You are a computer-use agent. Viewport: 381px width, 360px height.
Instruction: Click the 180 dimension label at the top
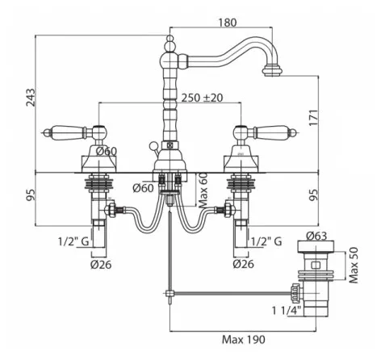227,23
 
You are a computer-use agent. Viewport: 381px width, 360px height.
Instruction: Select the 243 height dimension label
31,98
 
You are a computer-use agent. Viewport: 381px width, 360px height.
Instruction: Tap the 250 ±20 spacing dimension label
202,98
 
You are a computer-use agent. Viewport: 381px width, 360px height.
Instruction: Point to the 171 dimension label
313,117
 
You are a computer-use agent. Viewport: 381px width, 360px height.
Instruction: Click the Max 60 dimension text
203,190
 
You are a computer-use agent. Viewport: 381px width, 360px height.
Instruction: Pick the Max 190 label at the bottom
244,340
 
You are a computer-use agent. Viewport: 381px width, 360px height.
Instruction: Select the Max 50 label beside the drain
354,265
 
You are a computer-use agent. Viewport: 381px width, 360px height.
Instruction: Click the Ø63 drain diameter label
316,236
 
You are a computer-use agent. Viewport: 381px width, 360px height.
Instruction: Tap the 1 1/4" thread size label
287,311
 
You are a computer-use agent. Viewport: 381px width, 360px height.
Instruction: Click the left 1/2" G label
73,241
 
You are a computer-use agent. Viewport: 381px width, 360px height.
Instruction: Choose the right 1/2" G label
266,241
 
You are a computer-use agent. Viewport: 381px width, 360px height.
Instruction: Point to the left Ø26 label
101,265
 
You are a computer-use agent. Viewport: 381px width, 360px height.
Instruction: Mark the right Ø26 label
243,264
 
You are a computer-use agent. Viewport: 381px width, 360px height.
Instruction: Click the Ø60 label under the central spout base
143,188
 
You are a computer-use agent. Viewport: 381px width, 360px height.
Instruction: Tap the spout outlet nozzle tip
273,70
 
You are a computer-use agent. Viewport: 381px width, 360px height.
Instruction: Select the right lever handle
272,132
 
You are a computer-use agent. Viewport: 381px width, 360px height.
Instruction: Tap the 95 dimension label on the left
31,195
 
